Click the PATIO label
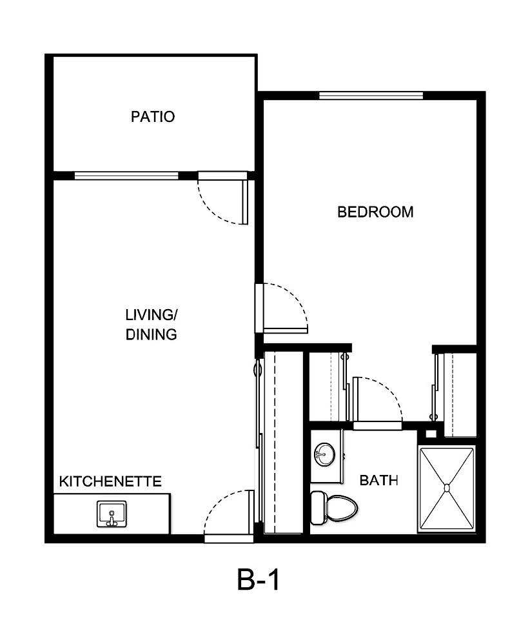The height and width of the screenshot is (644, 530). click(x=153, y=117)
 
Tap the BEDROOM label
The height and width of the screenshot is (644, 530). click(x=375, y=212)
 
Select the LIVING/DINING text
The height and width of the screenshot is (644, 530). click(x=152, y=325)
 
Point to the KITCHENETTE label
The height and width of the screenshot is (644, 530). click(x=110, y=481)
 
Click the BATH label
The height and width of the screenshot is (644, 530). click(x=378, y=480)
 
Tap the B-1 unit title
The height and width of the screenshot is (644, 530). click(x=259, y=581)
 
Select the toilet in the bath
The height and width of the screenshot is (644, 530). click(x=334, y=507)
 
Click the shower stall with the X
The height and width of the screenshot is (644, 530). click(x=447, y=489)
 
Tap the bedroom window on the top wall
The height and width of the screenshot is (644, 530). click(x=371, y=96)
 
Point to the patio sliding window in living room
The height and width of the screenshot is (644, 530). click(x=126, y=175)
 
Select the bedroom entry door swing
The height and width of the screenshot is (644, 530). click(x=284, y=308)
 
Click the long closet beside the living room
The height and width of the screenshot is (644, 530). click(x=282, y=442)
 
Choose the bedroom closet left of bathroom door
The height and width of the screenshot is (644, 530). click(x=328, y=387)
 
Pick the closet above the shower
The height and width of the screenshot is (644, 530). click(x=457, y=394)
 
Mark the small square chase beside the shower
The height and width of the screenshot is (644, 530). click(x=431, y=434)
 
